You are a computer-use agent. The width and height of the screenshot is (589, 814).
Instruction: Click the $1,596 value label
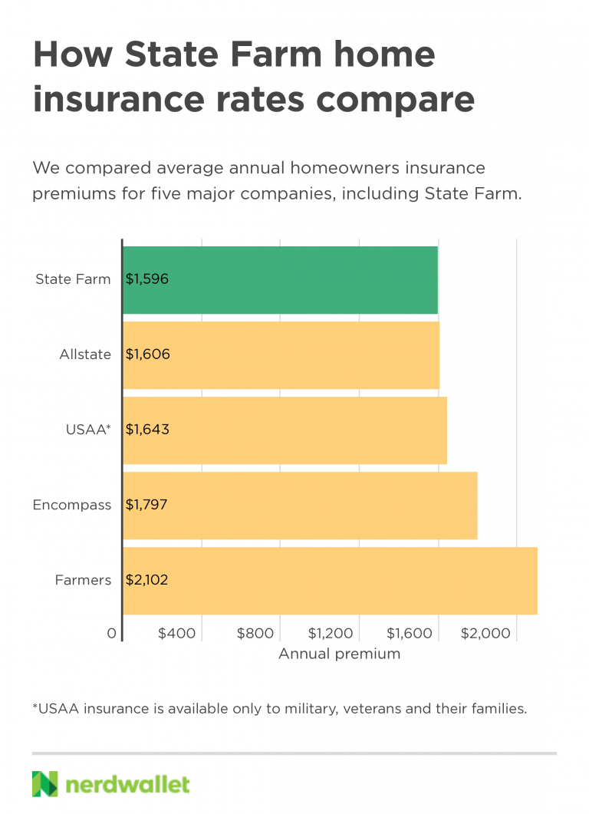tap(146, 279)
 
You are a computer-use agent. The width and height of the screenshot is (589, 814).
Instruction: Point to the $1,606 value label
tap(147, 354)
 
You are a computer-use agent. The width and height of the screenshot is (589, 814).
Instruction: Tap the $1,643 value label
tap(147, 430)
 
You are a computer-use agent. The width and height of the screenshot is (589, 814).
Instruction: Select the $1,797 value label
tap(146, 505)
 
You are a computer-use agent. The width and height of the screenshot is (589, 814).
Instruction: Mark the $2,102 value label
tap(146, 580)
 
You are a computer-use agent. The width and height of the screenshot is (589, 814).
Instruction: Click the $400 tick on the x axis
tap(177, 634)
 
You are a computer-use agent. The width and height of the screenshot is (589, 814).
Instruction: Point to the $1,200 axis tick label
tap(331, 634)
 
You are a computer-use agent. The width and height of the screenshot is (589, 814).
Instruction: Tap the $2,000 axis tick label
tap(485, 634)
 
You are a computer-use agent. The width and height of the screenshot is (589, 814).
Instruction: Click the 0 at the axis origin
tap(112, 634)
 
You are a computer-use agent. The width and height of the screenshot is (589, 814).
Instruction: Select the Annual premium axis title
tap(339, 654)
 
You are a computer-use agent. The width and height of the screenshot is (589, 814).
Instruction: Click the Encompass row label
tap(72, 505)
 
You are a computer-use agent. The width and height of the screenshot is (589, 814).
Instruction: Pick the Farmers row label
tap(83, 580)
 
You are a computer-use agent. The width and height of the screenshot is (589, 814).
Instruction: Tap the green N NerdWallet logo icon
tap(44, 784)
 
